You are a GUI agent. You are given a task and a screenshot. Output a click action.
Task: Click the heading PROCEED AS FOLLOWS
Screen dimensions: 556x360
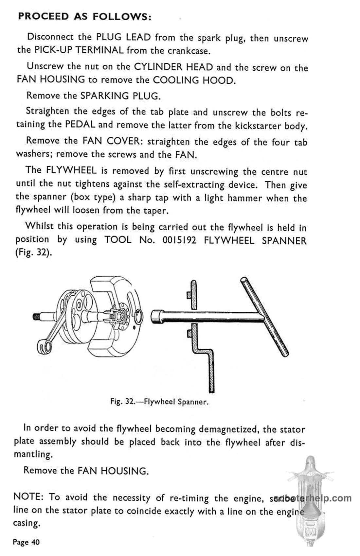coord(84,17)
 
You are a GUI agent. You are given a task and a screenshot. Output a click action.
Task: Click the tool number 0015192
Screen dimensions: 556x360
coord(179,240)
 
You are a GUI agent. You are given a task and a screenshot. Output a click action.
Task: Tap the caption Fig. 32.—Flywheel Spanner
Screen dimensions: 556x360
coord(159,401)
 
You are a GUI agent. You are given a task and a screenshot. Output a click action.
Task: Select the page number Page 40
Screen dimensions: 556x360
coord(26,542)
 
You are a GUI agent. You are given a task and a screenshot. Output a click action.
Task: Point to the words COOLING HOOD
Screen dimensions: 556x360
coord(194,80)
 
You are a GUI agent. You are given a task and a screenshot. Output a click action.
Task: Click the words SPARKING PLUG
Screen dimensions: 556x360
coord(120,96)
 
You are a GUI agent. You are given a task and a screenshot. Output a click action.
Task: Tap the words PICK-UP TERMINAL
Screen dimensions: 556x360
coord(79,50)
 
